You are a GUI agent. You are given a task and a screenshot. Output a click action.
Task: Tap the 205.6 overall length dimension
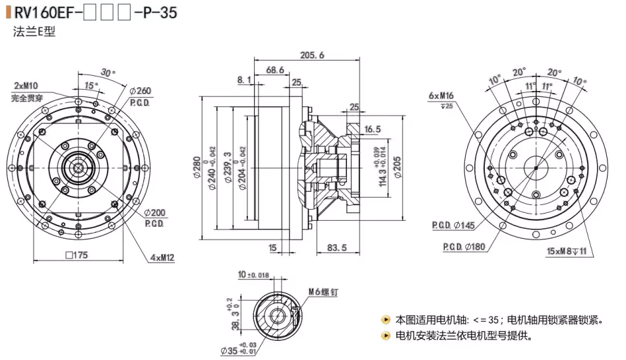point(312,56)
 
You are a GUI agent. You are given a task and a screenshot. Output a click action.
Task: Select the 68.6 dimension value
point(275,70)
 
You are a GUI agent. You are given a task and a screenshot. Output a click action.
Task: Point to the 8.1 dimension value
point(244,80)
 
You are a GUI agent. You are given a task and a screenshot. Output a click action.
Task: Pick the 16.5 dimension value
point(373,129)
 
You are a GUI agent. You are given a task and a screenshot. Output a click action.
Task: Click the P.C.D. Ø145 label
point(454,225)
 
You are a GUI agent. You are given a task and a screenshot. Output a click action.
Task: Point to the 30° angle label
point(108,72)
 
